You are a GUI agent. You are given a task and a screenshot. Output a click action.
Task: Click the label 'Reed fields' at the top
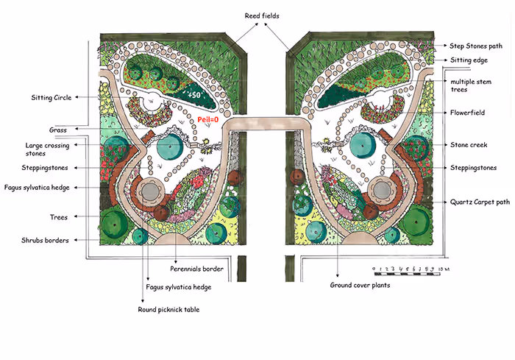pos(263,15)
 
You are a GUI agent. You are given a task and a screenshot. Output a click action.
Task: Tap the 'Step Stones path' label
pos(477,46)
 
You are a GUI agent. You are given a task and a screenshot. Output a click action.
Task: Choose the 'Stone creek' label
pos(469,145)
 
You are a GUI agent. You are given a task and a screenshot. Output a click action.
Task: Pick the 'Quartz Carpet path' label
pos(478,201)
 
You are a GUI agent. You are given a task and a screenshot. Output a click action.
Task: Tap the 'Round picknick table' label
pos(168,309)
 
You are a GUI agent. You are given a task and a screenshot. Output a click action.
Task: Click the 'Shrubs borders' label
pos(46,240)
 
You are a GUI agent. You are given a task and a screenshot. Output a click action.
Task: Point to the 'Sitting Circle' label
pos(51,96)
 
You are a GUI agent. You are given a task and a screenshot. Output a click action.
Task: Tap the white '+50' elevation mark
pos(193,96)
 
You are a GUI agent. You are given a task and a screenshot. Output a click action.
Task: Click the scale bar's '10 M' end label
pos(443,270)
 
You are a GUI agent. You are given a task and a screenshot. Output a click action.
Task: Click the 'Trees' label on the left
pos(60,217)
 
